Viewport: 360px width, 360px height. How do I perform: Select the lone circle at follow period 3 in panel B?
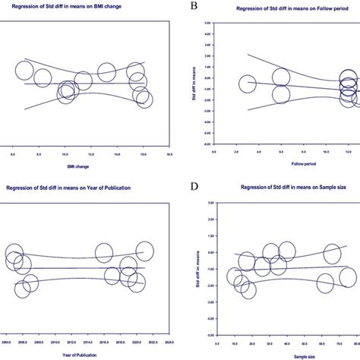coord(248,84)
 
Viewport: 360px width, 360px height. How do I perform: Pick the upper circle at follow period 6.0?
coord(281,77)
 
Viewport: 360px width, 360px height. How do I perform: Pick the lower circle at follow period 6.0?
coord(281,95)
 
